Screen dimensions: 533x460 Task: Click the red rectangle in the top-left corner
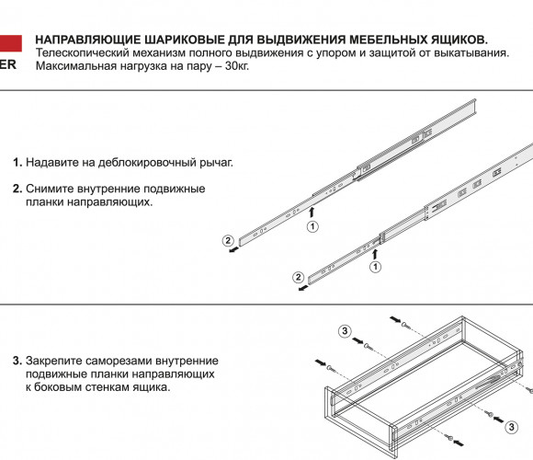[10, 43]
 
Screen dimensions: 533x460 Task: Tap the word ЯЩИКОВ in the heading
[459, 40]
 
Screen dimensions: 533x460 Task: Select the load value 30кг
[237, 66]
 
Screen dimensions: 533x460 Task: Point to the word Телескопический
[83, 53]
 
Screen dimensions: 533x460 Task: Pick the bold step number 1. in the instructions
[17, 162]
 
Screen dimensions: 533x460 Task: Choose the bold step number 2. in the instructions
[17, 189]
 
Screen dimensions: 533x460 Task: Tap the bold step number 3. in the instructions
[17, 361]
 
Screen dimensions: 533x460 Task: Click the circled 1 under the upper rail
[312, 226]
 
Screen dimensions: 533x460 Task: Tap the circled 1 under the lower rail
[375, 267]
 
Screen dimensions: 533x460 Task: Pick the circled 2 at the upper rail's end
[228, 240]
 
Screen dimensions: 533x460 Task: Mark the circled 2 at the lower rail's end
[298, 277]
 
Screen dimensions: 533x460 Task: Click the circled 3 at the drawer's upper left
[345, 330]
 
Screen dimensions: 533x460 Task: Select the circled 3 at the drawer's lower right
[511, 427]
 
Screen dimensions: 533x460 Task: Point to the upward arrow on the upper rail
[312, 212]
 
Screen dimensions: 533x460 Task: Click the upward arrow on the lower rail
[375, 254]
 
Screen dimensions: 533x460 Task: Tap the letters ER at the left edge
[7, 64]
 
